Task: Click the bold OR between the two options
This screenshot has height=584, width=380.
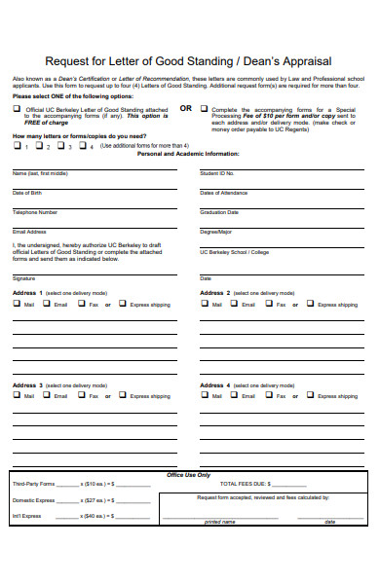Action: pyautogui.click(x=186, y=108)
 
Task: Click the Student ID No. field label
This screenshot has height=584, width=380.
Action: pyautogui.click(x=217, y=172)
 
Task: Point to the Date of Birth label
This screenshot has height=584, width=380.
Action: pyautogui.click(x=27, y=192)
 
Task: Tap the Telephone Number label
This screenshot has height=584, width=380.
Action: pyautogui.click(x=35, y=211)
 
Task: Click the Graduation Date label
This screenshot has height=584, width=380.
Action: pyautogui.click(x=219, y=211)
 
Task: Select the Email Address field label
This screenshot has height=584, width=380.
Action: pyautogui.click(x=29, y=232)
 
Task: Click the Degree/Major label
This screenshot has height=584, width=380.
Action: pyautogui.click(x=216, y=232)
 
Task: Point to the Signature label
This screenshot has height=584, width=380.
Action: pyautogui.click(x=23, y=277)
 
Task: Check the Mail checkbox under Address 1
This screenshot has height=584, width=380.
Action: pyautogui.click(x=17, y=304)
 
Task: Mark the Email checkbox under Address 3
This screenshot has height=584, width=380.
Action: pyautogui.click(x=48, y=395)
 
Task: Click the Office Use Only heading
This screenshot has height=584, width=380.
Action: pyautogui.click(x=189, y=474)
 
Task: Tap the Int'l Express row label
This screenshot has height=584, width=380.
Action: pyautogui.click(x=27, y=516)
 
